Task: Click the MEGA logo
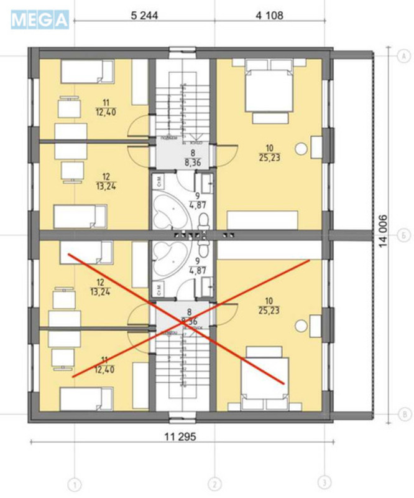(x=39, y=19)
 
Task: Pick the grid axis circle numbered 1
(x=75, y=484)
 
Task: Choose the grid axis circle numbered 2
(x=214, y=484)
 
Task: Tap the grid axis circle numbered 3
(x=324, y=484)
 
